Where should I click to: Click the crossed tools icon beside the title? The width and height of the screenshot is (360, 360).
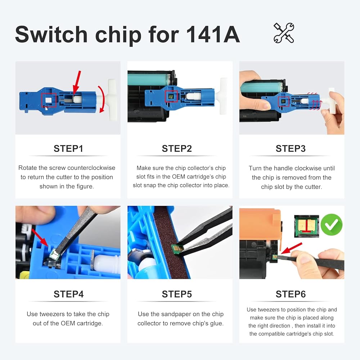(x=284, y=33)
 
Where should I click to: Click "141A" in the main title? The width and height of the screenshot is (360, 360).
(x=213, y=35)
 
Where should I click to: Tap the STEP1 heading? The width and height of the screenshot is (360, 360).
(x=68, y=149)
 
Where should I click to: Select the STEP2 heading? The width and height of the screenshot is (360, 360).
(x=177, y=149)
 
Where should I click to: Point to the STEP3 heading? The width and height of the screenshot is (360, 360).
(x=291, y=149)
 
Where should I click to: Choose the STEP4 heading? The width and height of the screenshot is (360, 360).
(x=69, y=294)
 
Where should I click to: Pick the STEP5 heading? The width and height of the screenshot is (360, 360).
(x=177, y=294)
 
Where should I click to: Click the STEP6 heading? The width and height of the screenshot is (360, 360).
(x=291, y=294)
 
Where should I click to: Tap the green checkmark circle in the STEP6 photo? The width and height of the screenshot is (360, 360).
(x=331, y=225)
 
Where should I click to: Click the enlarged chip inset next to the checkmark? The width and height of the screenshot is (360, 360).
(x=306, y=226)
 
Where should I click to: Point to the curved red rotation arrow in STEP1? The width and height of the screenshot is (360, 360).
(x=102, y=99)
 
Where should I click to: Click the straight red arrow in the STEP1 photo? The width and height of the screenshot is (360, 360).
(x=77, y=82)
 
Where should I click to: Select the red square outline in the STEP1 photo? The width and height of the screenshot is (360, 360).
(x=49, y=100)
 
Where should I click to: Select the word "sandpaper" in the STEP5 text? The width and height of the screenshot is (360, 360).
(x=180, y=314)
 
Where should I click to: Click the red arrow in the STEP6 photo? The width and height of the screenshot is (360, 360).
(x=291, y=248)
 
